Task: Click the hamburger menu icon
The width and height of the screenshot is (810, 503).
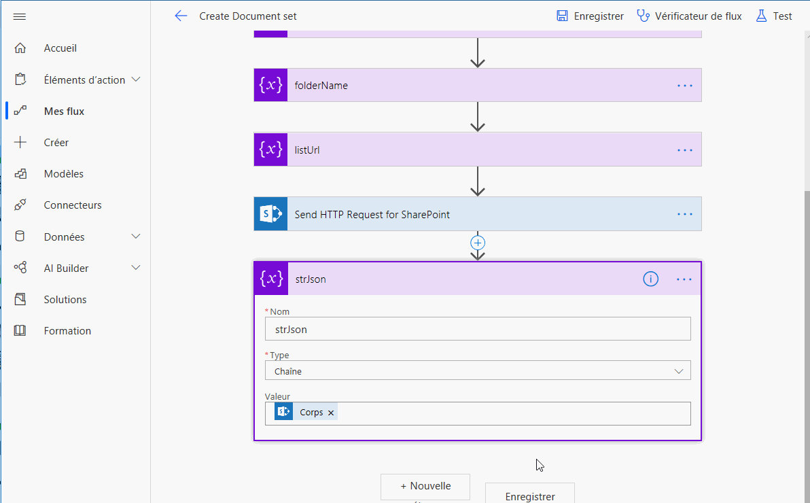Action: [x=20, y=16]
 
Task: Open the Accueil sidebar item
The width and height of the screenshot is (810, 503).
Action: [x=60, y=48]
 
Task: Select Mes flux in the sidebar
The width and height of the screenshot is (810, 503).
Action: [x=64, y=111]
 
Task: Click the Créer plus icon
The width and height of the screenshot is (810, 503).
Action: [x=20, y=142]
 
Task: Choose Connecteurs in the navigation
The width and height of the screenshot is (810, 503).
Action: [x=72, y=205]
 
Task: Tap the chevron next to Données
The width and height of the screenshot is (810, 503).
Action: [x=136, y=237]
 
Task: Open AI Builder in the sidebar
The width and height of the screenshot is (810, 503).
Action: [x=66, y=268]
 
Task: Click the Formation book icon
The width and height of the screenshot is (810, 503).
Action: [x=20, y=330]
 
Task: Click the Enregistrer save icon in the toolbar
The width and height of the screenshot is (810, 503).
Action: [x=562, y=16]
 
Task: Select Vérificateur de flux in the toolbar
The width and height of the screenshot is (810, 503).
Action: [x=698, y=16]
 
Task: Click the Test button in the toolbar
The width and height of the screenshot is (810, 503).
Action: [x=774, y=16]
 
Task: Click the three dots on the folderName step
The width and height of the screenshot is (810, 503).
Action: [x=684, y=85]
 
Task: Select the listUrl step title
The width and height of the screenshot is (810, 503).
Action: [x=307, y=150]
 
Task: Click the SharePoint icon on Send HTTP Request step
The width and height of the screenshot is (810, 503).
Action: [x=270, y=213]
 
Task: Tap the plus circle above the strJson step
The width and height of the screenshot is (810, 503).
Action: [x=478, y=243]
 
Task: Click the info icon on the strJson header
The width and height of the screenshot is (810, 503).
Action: [x=650, y=279]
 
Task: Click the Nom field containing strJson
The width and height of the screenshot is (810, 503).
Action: [x=477, y=329]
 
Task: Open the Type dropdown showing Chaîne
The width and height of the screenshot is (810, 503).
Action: [x=477, y=370]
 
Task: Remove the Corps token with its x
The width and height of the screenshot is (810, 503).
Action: [x=331, y=413]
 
